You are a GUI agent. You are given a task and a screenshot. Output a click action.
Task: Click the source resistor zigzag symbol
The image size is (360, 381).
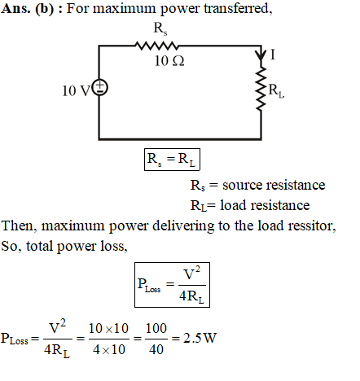coord(156,46)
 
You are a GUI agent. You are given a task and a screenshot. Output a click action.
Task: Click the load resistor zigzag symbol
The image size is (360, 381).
coord(261,88)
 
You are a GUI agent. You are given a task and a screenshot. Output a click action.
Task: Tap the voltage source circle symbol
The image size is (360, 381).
coord(100,88)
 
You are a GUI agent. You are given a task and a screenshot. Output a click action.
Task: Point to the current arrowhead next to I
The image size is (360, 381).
coord(261,55)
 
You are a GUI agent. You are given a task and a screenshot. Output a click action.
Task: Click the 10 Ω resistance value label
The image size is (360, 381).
coord(169,61)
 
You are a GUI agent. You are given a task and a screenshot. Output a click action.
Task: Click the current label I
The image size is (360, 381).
coord(273,55)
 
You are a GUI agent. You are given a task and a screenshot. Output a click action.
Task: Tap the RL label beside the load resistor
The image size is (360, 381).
coord(276,90)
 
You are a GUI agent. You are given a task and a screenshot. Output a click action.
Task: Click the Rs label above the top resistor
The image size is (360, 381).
coord(160,28)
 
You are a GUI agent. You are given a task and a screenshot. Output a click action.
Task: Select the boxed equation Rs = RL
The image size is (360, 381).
coord(172,160)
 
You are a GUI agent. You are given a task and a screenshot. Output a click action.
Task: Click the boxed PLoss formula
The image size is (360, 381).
coord(172,285)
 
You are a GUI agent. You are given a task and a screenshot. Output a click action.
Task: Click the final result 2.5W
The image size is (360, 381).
coord(200,338)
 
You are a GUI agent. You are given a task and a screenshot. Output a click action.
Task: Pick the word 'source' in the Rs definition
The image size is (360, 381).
coord(242,186)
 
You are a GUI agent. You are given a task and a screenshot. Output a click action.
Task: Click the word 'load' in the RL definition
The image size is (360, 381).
coord(231,205)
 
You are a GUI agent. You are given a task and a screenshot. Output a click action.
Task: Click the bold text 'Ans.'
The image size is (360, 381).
coord(15,8)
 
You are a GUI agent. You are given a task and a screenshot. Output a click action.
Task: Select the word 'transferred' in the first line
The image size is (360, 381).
coord(238,8)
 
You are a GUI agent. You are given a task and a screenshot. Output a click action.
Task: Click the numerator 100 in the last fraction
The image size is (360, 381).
coord(156,328)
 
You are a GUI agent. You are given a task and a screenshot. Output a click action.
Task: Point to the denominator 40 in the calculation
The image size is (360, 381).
coord(156,349)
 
